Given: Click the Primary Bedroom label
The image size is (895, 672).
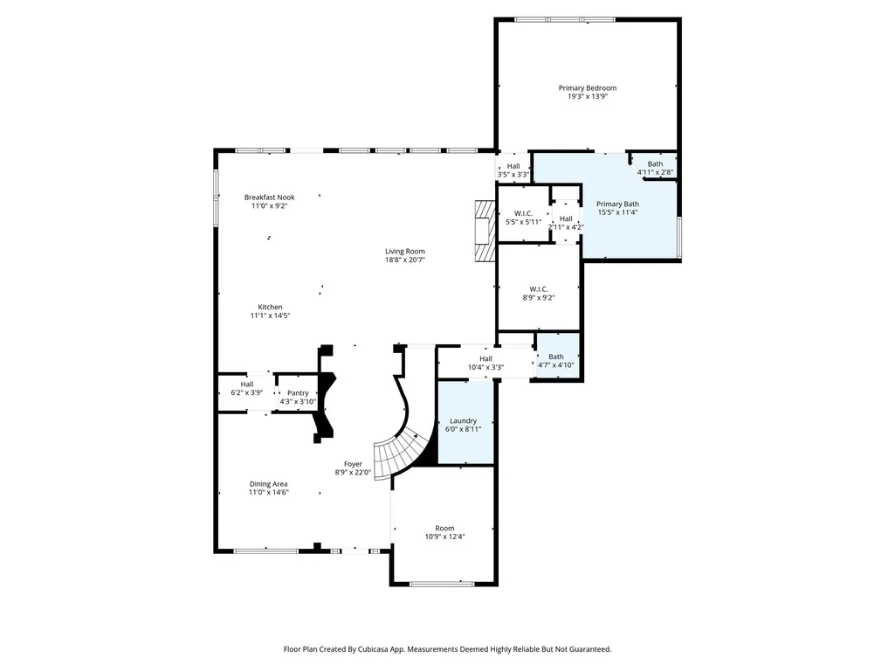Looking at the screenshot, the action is (x=588, y=88).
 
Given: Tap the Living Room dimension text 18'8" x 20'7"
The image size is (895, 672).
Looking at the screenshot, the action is (x=404, y=260).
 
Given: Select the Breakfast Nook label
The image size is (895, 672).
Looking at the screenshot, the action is (x=270, y=197).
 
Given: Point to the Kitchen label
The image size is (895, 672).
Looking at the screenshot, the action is (x=270, y=307).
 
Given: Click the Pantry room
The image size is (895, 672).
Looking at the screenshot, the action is (x=298, y=393).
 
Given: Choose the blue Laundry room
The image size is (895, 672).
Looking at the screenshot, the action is (x=465, y=422).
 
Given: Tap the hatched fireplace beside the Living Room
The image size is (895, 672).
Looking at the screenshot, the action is (x=485, y=231).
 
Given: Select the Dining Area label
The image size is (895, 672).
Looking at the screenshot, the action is (x=268, y=484).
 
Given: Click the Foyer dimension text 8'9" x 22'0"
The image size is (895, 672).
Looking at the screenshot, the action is (x=353, y=473).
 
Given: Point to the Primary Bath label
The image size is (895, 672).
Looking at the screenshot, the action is (x=617, y=204).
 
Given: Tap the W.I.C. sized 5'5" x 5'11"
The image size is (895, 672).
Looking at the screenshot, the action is (x=523, y=213).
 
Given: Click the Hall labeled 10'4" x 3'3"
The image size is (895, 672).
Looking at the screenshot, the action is (x=485, y=363).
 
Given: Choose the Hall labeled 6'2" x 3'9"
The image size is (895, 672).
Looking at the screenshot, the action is (x=246, y=392).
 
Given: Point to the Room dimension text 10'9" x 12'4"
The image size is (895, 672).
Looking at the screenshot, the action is (x=444, y=537).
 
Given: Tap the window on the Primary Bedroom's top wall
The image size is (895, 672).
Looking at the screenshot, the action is (x=565, y=19).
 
